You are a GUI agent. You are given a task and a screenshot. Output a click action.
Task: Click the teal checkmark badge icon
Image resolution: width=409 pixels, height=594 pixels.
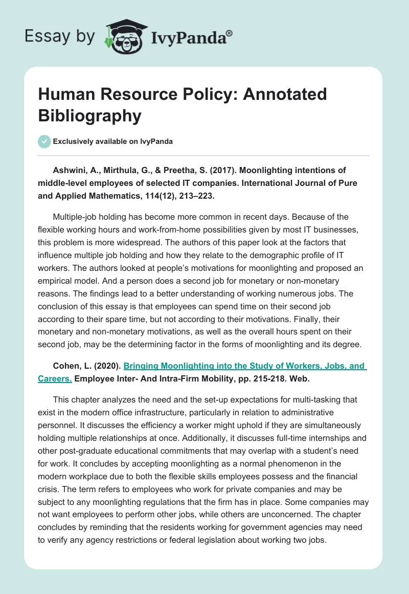point(44,141)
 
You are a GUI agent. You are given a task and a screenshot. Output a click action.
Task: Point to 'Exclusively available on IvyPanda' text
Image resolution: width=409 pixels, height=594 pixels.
point(112,141)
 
